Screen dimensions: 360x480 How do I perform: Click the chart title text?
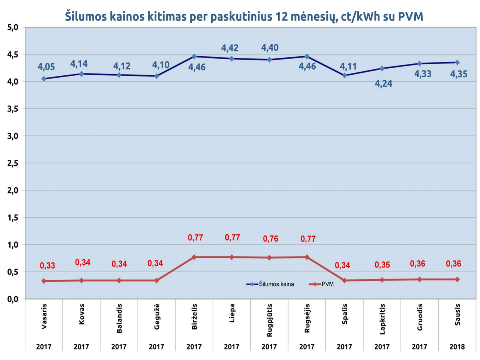click(244, 16)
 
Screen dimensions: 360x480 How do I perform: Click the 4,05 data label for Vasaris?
click(46, 67)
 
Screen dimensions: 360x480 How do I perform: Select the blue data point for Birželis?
click(194, 57)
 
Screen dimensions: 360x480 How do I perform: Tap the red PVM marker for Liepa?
click(232, 257)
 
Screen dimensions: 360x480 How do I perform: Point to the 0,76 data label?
click(270, 239)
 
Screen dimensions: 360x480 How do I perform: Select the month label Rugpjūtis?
click(270, 320)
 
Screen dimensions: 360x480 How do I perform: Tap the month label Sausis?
click(457, 315)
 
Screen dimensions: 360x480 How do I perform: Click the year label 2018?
click(457, 347)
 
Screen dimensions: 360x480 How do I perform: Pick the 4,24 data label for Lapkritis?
click(384, 84)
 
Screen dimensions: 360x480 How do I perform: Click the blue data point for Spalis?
click(345, 75)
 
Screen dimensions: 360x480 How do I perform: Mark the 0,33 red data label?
click(47, 266)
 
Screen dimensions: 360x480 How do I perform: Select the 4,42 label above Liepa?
click(230, 48)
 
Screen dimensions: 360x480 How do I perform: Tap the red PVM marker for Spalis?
click(345, 280)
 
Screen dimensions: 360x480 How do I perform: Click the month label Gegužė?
click(157, 316)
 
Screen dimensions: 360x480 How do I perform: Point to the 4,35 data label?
click(459, 74)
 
